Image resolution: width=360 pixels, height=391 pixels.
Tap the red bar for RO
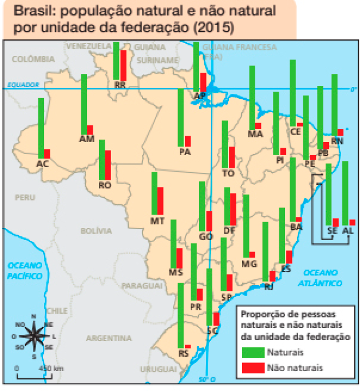pos(108,165)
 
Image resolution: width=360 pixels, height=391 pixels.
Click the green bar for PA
pos(181,117)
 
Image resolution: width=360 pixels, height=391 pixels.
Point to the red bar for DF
pos(233,210)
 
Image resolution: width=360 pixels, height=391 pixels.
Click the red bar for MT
pos(160,201)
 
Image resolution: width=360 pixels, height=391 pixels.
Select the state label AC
pos(42,164)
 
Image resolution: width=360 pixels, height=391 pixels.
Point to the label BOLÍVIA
pos(96,231)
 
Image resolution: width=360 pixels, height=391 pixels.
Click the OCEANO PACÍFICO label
pos(25,271)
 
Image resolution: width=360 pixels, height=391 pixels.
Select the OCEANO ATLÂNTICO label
pos(323,278)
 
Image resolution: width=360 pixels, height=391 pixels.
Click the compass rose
pos(34,335)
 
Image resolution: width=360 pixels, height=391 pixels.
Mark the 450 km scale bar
pos(34,375)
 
